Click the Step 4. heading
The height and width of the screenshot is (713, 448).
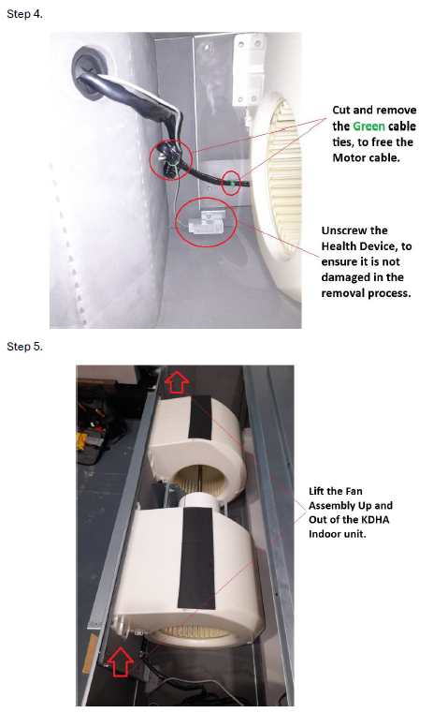coord(24,14)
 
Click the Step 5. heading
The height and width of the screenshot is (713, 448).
coord(24,347)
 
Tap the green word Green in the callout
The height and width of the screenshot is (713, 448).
coord(369,126)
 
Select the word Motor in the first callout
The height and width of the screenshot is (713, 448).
coord(347,157)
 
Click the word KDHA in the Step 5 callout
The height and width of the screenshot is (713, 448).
coord(374,519)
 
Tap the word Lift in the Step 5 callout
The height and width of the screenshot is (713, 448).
coord(316,491)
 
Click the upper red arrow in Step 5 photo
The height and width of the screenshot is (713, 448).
coord(177,382)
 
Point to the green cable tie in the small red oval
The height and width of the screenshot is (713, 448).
coord(232,184)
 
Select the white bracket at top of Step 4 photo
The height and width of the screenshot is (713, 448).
coord(249,68)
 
